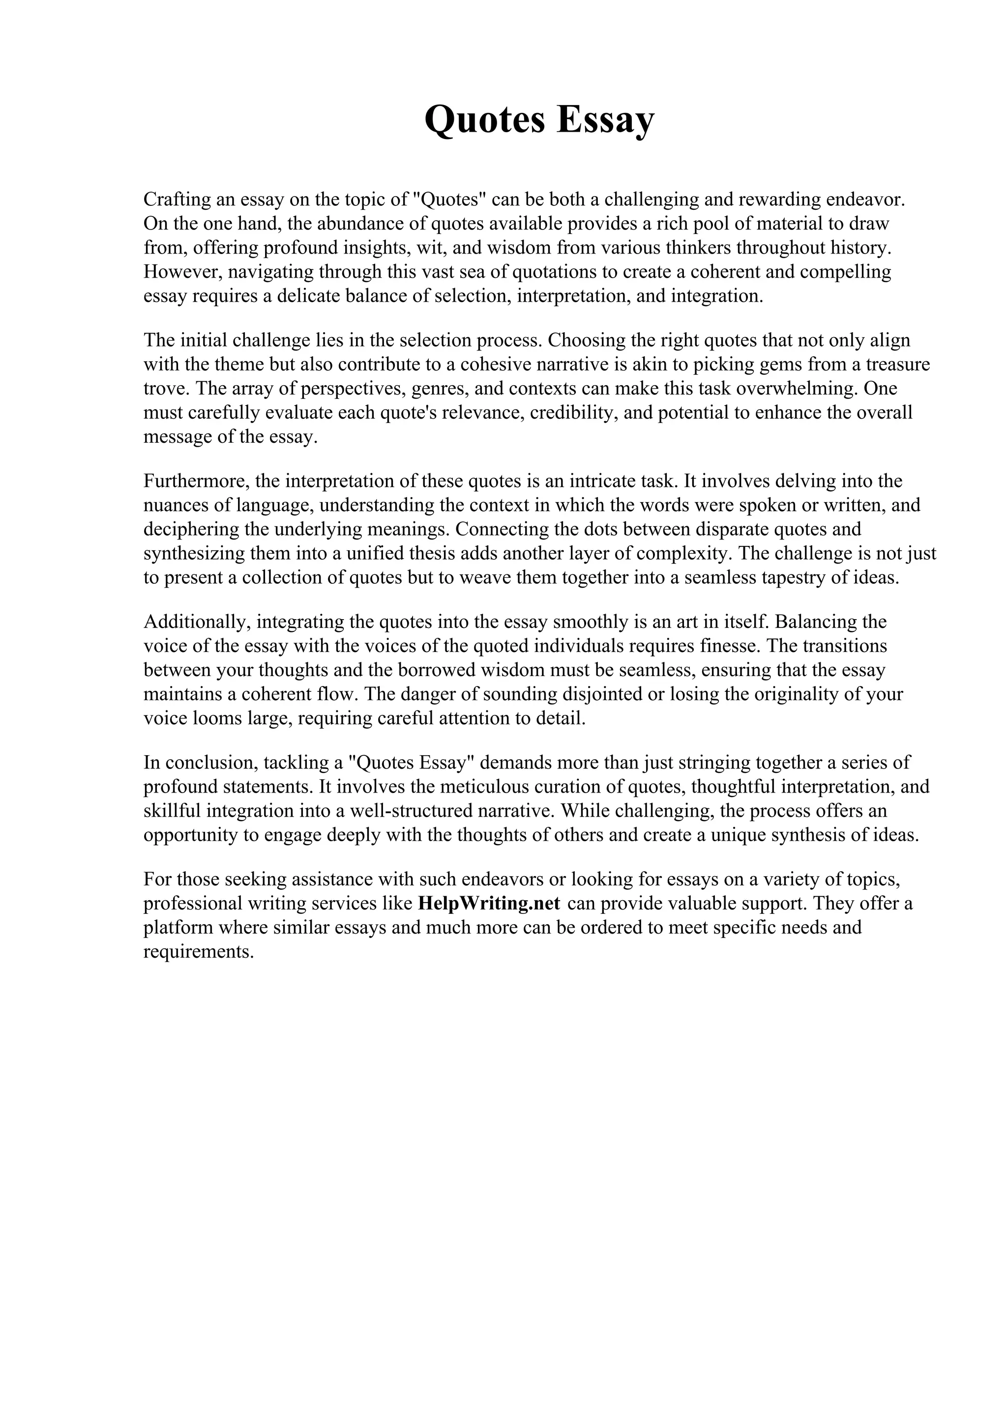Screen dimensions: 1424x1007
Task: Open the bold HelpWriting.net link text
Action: [489, 903]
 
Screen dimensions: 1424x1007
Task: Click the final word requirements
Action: [199, 951]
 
